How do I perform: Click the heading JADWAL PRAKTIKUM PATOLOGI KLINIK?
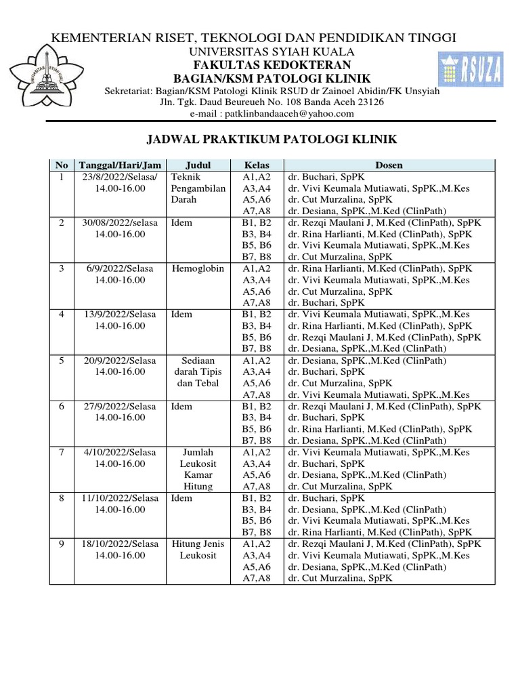272,140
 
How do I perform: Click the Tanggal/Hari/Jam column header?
120,165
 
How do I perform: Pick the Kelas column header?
257,165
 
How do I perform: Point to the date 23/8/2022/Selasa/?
120,177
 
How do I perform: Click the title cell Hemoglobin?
198,269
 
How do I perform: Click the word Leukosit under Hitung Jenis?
198,556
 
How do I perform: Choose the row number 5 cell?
61,361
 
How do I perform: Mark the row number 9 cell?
61,544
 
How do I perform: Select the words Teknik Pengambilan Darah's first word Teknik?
186,177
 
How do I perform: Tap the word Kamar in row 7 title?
198,475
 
